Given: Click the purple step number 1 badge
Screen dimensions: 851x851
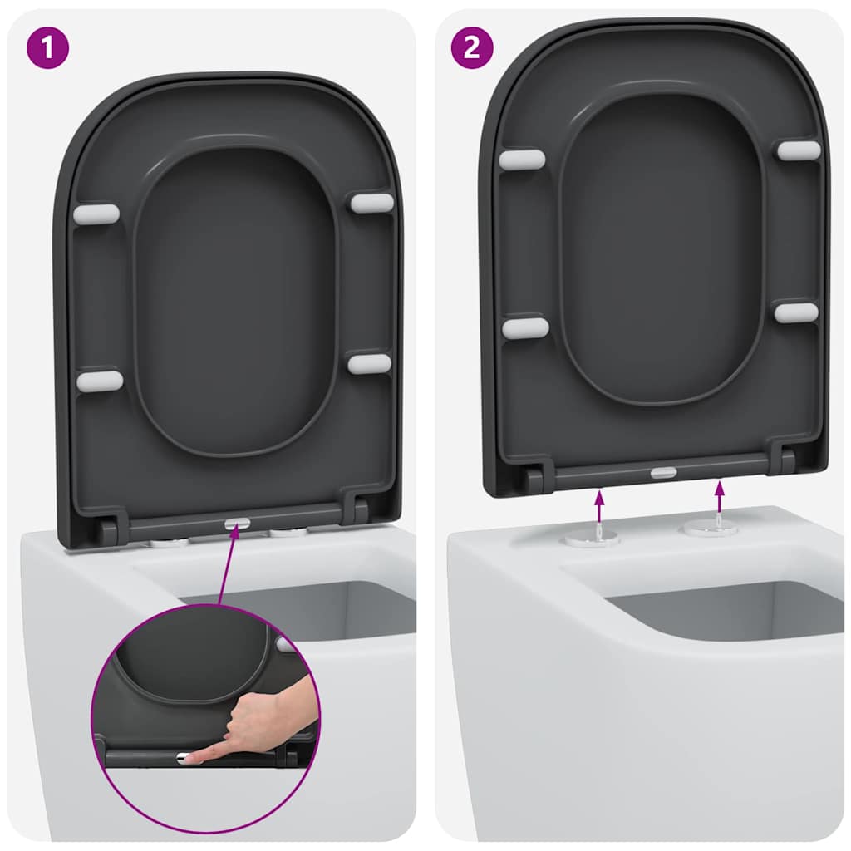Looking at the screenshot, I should tap(47, 47).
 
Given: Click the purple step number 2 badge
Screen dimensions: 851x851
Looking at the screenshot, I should tap(471, 47).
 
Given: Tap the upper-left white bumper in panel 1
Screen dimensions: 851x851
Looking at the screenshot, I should tap(96, 214).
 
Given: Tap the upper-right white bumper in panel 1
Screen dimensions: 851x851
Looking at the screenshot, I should tap(371, 202).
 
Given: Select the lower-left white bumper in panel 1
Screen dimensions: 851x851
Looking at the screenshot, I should tap(99, 381).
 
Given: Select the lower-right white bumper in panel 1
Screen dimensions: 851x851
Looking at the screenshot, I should tap(370, 362).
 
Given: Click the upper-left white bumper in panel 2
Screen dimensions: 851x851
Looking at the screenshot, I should tap(522, 160).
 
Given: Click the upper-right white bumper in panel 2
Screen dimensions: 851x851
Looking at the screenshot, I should tap(799, 150).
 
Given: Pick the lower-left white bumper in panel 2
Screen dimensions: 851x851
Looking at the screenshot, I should tap(525, 328).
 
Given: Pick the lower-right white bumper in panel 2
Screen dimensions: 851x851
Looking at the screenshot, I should tap(796, 312).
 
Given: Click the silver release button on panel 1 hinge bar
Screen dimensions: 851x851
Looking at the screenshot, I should tap(237, 524).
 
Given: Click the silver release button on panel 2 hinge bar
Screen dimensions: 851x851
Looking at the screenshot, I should tap(663, 472).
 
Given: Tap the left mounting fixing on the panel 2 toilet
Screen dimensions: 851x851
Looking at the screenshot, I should tap(592, 538).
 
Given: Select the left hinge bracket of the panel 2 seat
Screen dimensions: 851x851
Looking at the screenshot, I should tap(533, 477).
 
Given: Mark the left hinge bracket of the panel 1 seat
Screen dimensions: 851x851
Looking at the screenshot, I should tap(110, 529).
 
